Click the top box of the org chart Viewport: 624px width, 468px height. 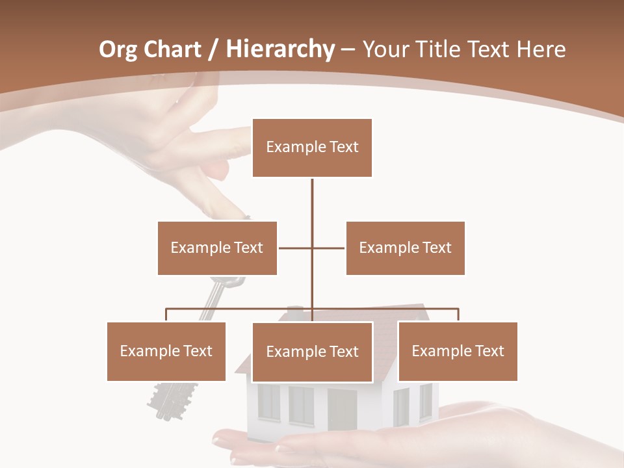312,148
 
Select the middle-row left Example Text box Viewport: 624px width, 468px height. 217,248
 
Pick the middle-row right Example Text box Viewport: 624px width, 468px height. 405,248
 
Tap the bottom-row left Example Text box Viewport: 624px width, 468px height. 166,351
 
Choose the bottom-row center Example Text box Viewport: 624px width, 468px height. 312,352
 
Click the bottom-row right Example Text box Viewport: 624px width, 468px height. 458,351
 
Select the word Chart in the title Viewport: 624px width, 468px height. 172,49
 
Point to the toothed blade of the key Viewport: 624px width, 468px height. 173,396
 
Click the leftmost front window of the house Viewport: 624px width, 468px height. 268,402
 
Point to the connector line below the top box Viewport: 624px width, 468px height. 312,201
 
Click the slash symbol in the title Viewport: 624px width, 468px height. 213,49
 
